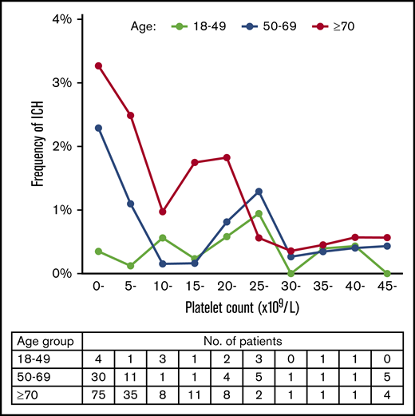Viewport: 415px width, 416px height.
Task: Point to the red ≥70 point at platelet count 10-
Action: [x=162, y=212]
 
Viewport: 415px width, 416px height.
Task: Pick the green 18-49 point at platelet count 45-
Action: [x=386, y=273]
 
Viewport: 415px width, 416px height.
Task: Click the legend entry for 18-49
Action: [x=210, y=26]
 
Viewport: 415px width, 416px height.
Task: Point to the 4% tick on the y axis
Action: [x=85, y=18]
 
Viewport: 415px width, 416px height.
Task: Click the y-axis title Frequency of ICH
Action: [x=38, y=146]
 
